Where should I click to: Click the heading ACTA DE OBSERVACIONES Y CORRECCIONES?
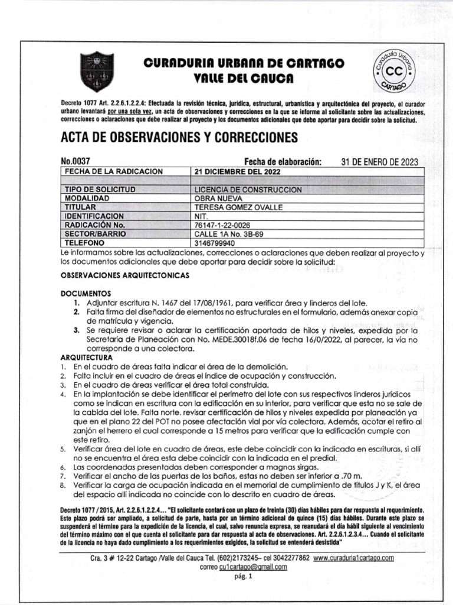tap(179, 138)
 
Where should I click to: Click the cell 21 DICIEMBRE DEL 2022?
tap(238, 171)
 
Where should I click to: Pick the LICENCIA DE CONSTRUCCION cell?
tap(248, 189)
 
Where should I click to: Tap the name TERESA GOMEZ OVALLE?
tap(239, 207)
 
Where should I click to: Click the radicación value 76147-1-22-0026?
tap(227, 225)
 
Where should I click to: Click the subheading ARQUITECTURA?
tap(86, 357)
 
